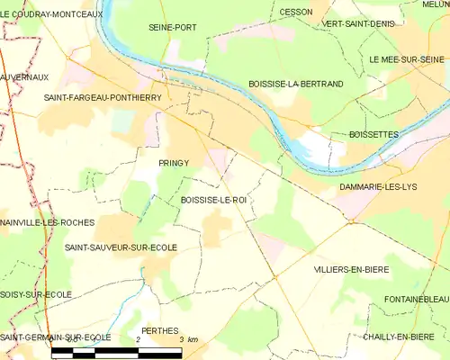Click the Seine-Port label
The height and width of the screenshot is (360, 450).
pos(172,28)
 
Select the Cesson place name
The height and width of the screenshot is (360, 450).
pos(296,12)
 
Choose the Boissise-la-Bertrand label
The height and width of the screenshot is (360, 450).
pos(295,84)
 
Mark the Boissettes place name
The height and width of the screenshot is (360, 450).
pos(373,134)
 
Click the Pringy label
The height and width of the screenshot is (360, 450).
pos(173,163)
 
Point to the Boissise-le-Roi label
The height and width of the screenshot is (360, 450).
pos(213,200)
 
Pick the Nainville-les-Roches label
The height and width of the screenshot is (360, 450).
pos(48,221)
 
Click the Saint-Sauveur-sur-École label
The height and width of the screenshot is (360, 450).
pos(121,246)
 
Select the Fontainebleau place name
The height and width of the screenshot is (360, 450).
pos(415,300)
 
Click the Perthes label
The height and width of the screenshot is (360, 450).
pos(160,330)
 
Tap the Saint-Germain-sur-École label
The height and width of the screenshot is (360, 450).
pos(56,337)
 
